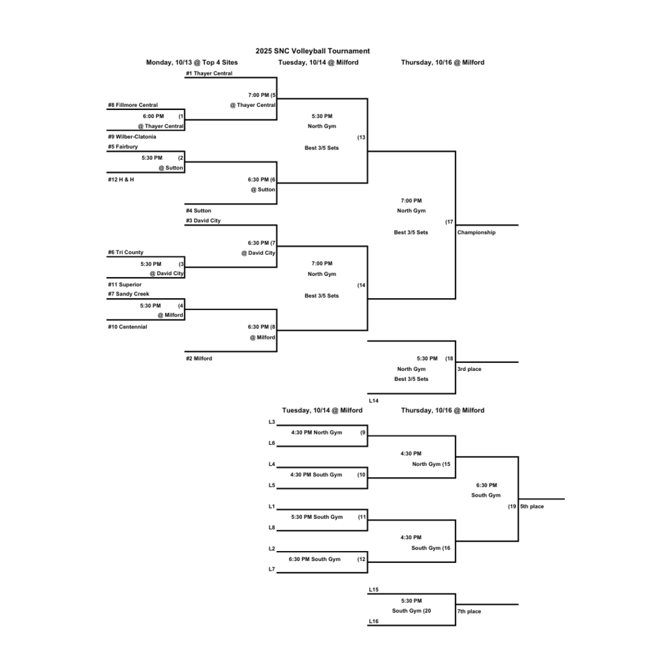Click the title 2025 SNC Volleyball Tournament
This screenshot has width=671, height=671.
[x=313, y=51]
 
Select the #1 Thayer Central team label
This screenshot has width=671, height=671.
[x=209, y=73]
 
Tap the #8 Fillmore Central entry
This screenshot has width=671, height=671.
[x=133, y=105]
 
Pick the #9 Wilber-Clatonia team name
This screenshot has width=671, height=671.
[x=132, y=137]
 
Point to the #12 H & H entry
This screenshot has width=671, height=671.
[x=121, y=179]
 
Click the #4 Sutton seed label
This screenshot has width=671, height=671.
[x=199, y=210]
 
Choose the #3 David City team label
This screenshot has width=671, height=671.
[x=203, y=221]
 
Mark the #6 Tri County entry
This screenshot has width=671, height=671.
[x=126, y=252]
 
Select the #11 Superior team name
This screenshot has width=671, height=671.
[x=125, y=284]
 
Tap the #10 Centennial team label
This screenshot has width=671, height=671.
[x=128, y=326]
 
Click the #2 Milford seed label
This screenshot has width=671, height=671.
[x=199, y=358]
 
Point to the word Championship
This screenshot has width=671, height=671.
[x=476, y=232]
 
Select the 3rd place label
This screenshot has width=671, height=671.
[x=469, y=369]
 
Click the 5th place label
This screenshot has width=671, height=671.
[x=532, y=506]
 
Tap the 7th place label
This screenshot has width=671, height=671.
[x=469, y=611]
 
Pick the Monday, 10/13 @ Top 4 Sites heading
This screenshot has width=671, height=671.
[x=192, y=62]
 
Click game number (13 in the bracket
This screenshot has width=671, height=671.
[x=361, y=138]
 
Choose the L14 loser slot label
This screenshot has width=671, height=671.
[x=374, y=400]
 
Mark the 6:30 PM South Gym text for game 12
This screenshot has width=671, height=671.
[x=315, y=559]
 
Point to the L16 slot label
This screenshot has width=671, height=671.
[x=374, y=621]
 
